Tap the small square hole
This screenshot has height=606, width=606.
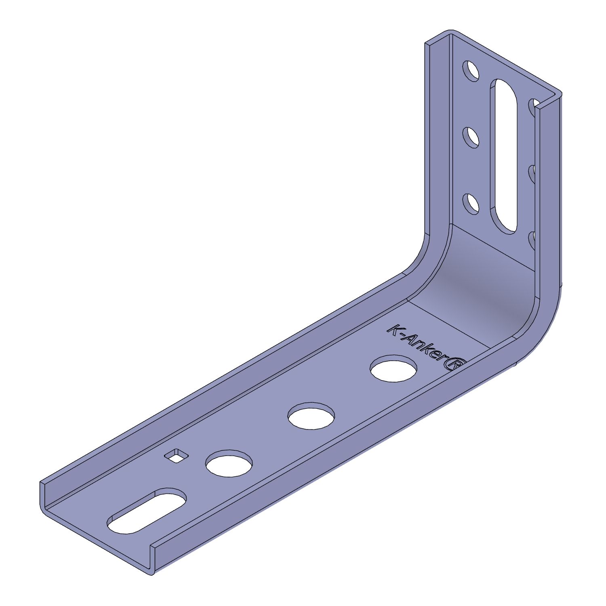177,455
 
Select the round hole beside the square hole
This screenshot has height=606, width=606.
229,463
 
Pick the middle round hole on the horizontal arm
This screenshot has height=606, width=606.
311,416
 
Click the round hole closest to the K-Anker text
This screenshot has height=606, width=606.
393,368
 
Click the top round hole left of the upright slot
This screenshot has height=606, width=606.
471,71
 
